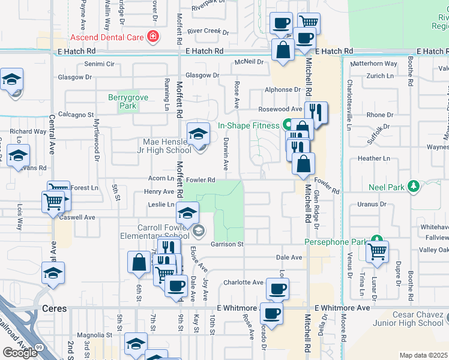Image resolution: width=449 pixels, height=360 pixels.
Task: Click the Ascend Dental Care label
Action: coord(107,37)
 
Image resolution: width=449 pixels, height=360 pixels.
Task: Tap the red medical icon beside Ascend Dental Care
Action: coord(153,37)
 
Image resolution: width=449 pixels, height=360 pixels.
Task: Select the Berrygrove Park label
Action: coord(122,101)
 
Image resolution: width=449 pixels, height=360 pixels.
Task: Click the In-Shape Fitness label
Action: coord(248,125)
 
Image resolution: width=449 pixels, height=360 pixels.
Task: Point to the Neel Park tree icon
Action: coord(413,186)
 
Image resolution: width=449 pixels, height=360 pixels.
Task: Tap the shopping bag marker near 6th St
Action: coord(139,263)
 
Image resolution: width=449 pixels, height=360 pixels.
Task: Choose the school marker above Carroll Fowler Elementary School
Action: coord(187,212)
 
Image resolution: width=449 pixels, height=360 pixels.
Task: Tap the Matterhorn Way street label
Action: coord(373,64)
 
